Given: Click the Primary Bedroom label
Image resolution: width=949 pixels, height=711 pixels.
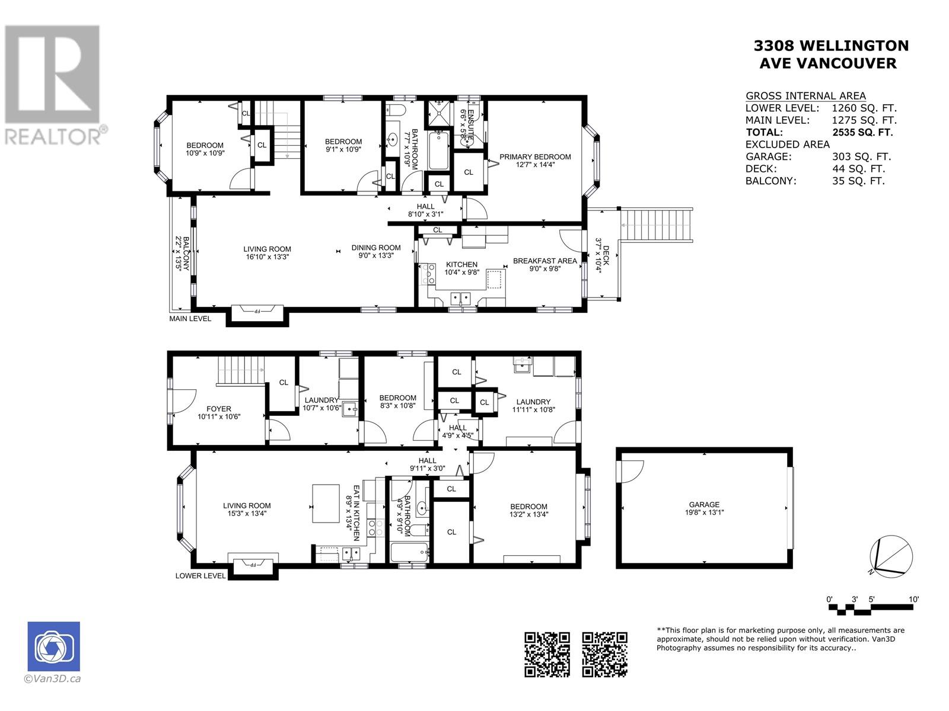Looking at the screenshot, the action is click(535, 156).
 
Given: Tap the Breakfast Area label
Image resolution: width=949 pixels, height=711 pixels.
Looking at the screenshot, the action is click(544, 261).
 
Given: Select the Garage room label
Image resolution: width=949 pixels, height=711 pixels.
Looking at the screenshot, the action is click(704, 504).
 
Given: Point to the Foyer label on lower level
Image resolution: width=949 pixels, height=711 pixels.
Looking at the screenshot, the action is click(219, 408).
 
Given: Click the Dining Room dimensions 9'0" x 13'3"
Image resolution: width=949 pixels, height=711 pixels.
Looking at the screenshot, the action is click(376, 255).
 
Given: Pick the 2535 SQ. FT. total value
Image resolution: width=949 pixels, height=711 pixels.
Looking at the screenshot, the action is click(862, 132).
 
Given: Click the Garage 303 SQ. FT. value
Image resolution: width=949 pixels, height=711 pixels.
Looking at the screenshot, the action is click(862, 156).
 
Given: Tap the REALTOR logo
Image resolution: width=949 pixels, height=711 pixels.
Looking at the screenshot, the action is click(53, 85).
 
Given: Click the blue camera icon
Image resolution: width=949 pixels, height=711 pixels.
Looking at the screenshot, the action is click(53, 646).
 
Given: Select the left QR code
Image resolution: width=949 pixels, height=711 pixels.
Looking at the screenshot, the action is click(547, 654).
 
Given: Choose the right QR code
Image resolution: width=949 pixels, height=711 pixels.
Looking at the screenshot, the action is click(604, 654).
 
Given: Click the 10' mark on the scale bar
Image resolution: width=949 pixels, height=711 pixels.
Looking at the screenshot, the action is click(913, 599).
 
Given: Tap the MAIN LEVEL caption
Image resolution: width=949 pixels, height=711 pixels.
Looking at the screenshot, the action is click(190, 319).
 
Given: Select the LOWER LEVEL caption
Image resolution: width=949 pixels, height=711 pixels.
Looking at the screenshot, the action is click(200, 575).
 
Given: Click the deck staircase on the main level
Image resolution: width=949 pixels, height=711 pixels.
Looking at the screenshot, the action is click(656, 225).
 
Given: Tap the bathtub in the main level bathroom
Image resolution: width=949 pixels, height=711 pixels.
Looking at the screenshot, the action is click(438, 150).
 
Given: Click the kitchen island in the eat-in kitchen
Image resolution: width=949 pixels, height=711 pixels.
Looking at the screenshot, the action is click(326, 504).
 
